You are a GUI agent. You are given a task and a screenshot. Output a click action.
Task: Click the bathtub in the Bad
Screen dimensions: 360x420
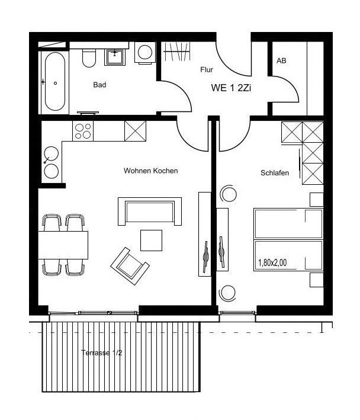click(55, 81)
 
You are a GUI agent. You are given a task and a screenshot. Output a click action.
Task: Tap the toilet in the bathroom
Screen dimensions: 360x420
click(89, 58)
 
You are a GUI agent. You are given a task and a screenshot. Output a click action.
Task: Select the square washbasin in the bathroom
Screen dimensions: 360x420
click(114, 57)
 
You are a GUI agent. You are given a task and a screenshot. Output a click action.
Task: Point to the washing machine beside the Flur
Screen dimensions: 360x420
click(145, 53)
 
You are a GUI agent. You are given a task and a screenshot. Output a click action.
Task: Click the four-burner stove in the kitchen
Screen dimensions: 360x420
click(83, 131)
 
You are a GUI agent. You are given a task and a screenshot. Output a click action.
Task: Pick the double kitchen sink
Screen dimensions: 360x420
click(52, 162)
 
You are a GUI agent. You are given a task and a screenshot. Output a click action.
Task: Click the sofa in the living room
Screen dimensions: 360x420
click(150, 211)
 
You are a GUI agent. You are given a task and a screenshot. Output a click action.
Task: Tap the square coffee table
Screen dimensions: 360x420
click(151, 241)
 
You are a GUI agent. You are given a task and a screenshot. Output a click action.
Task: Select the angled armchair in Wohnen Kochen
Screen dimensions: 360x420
click(130, 266)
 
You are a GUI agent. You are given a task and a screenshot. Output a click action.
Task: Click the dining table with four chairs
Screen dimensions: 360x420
click(63, 245)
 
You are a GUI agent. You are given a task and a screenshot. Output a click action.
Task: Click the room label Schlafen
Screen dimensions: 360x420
click(275, 173)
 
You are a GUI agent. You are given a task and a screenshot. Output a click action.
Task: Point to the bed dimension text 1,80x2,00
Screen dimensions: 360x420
click(272, 262)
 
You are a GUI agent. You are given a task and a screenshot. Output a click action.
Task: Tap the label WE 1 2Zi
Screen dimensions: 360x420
click(231, 88)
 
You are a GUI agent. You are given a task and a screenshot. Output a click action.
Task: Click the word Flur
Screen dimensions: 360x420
click(207, 70)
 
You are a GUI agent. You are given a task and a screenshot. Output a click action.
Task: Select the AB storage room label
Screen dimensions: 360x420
click(281, 60)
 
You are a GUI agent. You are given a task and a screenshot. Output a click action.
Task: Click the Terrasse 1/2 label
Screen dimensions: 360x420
click(101, 352)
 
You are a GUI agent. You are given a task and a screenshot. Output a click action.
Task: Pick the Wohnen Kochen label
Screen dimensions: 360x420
click(151, 171)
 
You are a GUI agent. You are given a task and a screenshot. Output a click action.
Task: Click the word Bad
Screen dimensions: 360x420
click(99, 85)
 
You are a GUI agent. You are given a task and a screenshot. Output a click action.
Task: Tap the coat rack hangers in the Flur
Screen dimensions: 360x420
click(176, 51)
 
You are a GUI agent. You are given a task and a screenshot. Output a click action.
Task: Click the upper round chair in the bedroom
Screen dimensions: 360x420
click(228, 193)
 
